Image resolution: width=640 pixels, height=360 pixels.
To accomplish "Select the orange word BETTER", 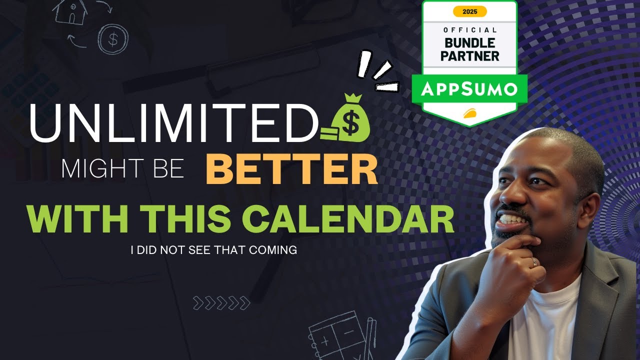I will pyautogui.click(x=291, y=170).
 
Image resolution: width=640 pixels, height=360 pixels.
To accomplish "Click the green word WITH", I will pyautogui.click(x=79, y=218).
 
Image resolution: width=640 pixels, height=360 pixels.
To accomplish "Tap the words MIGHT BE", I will pyautogui.click(x=122, y=170).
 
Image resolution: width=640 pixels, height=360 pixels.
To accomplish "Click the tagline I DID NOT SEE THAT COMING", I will pyautogui.click(x=213, y=250).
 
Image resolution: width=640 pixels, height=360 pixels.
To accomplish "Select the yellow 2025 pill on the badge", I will pyautogui.click(x=469, y=11).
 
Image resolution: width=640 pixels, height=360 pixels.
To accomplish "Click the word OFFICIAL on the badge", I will pyautogui.click(x=470, y=30).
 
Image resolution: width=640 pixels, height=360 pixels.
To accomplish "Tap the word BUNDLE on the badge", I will pyautogui.click(x=470, y=42).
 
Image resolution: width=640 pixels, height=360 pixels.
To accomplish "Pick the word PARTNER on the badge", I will pyautogui.click(x=470, y=55).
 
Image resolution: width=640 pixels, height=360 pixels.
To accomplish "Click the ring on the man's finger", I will pyautogui.click(x=534, y=262).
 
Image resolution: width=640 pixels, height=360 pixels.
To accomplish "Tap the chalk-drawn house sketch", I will pyautogui.click(x=70, y=12).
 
